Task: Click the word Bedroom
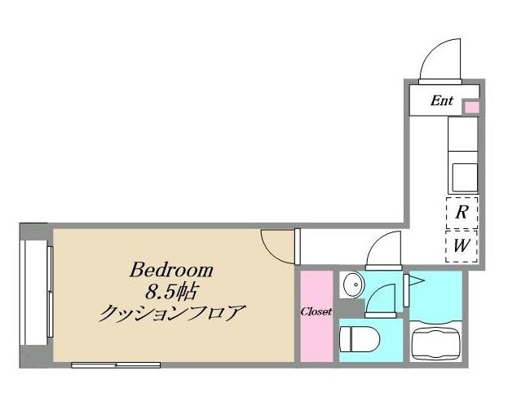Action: click(172, 270)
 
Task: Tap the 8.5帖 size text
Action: click(172, 290)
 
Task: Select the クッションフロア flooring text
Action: click(172, 312)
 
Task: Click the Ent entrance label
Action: click(441, 102)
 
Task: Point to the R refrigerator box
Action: click(461, 214)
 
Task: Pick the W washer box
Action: click(461, 245)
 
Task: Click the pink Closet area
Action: click(316, 315)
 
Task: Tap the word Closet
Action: click(316, 311)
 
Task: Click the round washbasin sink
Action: click(354, 285)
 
